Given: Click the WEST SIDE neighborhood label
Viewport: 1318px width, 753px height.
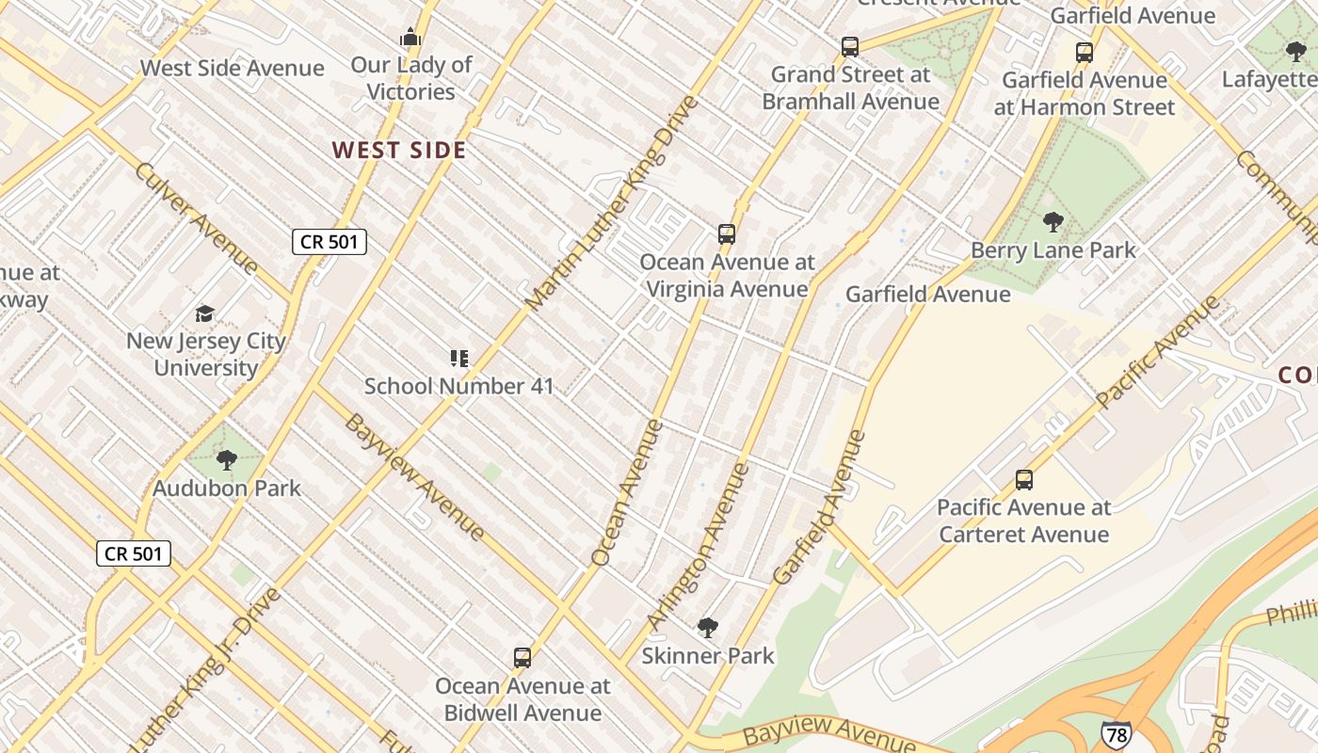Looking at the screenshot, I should tap(399, 151).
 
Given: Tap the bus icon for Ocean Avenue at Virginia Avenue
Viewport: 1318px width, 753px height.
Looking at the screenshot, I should tap(726, 233).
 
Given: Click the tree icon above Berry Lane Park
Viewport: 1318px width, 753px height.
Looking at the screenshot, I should tap(1053, 222).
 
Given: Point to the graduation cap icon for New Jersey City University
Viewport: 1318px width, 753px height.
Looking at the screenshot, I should tap(205, 313).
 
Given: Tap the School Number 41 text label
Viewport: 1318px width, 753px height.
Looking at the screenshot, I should tap(458, 386).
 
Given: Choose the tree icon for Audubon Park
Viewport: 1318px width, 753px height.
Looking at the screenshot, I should tap(226, 459).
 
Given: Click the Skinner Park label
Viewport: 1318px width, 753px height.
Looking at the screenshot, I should tap(707, 655).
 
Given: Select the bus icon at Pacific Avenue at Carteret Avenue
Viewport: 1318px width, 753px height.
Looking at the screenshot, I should tap(1024, 480).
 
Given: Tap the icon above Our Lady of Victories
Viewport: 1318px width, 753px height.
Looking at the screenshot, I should tap(410, 38).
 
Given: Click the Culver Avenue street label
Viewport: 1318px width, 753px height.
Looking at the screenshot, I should tap(196, 217).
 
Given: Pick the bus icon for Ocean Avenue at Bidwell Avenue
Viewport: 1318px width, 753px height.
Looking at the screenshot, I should tap(522, 658).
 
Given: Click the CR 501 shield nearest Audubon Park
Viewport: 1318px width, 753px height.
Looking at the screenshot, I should tap(134, 553).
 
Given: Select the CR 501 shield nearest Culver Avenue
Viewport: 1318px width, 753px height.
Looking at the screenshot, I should tap(329, 242).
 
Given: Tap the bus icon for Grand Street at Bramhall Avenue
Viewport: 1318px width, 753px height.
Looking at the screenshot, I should tap(850, 46).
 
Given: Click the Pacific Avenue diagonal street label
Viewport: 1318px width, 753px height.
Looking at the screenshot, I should tap(1158, 351).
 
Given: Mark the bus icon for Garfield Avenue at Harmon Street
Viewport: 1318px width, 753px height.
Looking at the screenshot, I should tap(1085, 52).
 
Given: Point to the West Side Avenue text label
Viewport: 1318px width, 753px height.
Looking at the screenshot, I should tap(232, 68).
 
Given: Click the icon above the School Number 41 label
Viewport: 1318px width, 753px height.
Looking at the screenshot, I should tap(458, 358).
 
